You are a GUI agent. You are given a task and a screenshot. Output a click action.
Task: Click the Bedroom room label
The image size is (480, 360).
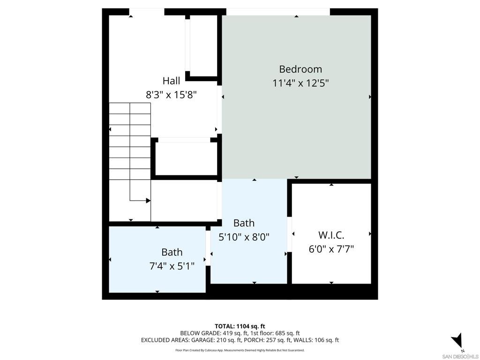[300, 69]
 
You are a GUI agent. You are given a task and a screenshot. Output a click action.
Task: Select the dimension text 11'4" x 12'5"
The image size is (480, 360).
[300, 83]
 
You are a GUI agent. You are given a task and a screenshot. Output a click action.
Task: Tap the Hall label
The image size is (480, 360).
[171, 81]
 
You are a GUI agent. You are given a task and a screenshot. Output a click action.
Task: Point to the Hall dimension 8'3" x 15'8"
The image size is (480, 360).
[171, 94]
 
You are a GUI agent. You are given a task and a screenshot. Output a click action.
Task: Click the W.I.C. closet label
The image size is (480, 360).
[331, 235]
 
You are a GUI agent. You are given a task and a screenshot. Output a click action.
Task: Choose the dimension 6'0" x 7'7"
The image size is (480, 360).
[331, 249]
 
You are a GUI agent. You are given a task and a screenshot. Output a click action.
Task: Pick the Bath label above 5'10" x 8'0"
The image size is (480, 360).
[244, 223]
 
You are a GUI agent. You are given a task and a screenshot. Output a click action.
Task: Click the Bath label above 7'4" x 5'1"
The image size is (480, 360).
[172, 252]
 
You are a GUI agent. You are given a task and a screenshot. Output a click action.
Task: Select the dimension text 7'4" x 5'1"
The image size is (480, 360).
[172, 266]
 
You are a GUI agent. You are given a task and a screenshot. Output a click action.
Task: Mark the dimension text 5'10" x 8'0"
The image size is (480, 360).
[244, 237]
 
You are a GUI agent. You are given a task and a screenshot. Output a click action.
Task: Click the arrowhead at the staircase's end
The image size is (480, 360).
[148, 201]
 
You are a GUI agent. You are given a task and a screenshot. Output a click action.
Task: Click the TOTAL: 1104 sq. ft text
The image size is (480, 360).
[240, 326]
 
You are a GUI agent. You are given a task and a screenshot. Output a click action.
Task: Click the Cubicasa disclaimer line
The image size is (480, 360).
[240, 350]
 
